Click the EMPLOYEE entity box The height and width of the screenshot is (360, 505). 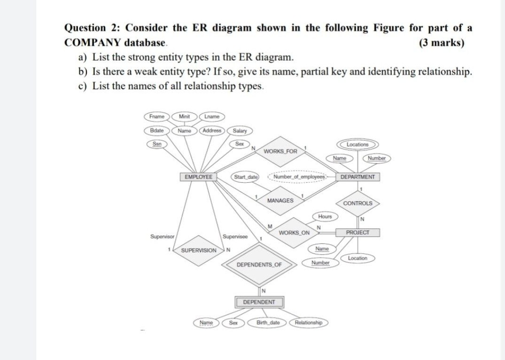[198, 177]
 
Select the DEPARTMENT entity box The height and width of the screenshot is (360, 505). [357, 177]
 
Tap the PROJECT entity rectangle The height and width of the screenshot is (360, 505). [357, 233]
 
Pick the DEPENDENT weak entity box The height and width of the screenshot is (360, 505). [259, 302]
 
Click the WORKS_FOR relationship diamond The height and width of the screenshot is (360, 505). [280, 151]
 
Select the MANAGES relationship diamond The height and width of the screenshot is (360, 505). [280, 201]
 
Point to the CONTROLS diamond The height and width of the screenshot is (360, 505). [357, 203]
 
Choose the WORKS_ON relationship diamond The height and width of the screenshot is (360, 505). [294, 233]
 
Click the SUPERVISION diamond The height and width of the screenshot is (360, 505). [199, 250]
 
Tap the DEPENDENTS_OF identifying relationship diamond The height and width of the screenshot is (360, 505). [259, 265]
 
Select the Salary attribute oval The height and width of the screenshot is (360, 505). [240, 131]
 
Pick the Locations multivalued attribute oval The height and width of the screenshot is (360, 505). [357, 145]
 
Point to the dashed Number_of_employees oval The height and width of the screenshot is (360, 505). [296, 177]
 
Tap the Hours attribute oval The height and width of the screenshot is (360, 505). [325, 217]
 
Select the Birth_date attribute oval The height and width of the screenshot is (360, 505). [268, 323]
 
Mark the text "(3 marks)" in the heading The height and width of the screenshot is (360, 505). [441, 43]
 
